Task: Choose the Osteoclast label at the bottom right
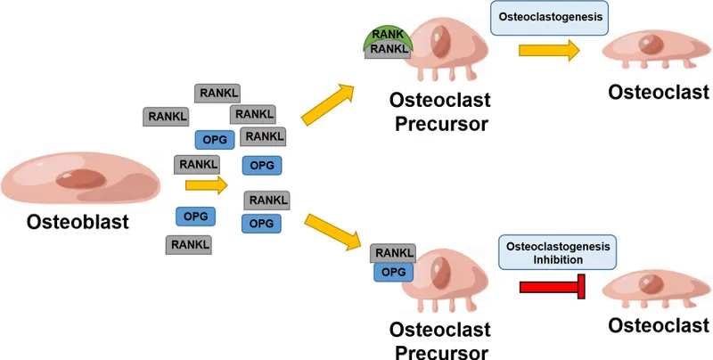point(660,326)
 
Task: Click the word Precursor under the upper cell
point(439,123)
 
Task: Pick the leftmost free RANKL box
point(167,116)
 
